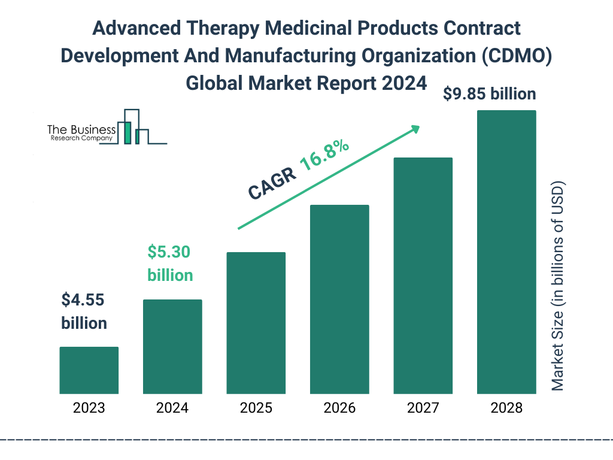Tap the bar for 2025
click(x=256, y=323)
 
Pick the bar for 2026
click(x=339, y=299)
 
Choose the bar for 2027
click(x=423, y=276)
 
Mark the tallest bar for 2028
click(x=506, y=252)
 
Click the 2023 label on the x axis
click(x=89, y=408)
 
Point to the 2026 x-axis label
click(x=339, y=408)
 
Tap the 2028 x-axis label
click(x=506, y=408)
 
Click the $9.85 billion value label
click(x=489, y=94)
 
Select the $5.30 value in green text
click(x=169, y=252)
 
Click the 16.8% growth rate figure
click(x=324, y=155)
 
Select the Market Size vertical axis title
click(x=558, y=286)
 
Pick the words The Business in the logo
click(x=81, y=129)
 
